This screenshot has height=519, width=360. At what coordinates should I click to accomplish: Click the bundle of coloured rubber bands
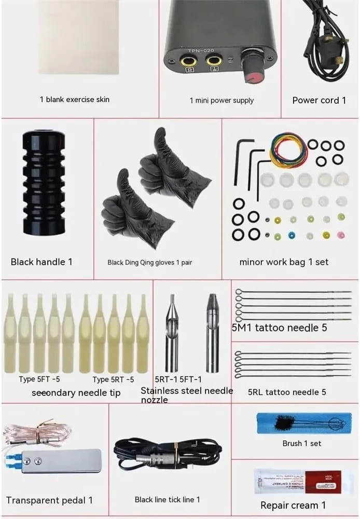point(288,151)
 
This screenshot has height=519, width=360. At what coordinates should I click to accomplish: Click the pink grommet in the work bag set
point(341,235)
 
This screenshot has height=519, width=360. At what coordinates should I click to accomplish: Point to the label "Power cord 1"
point(319,100)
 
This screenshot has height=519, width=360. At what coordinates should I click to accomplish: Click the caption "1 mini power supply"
point(221,100)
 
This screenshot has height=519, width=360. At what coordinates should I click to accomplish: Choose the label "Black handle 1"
point(41,262)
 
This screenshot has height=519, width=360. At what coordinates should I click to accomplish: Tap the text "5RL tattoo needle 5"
point(287,392)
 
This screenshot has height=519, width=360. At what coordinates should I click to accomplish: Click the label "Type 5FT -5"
point(39,379)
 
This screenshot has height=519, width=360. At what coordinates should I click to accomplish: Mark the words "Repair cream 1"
point(293,505)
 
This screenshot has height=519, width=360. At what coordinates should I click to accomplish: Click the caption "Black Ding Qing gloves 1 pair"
point(150,263)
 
